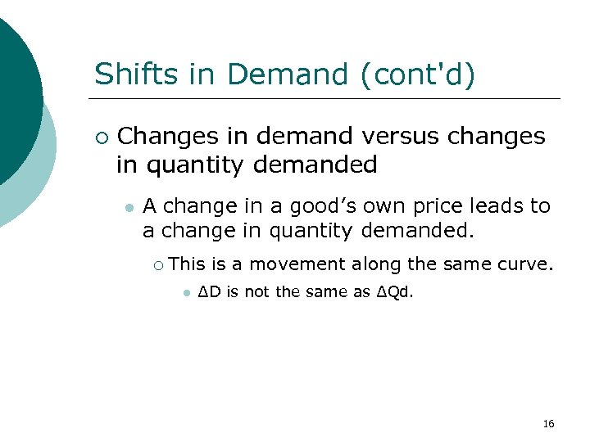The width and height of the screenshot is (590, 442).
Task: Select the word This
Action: click(187, 264)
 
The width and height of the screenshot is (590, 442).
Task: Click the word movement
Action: click(297, 264)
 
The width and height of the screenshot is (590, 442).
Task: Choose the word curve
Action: click(527, 264)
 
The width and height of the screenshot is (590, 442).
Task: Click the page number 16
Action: click(549, 423)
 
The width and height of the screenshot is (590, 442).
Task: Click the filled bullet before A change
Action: click(128, 207)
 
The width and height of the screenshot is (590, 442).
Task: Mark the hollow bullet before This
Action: click(159, 264)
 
